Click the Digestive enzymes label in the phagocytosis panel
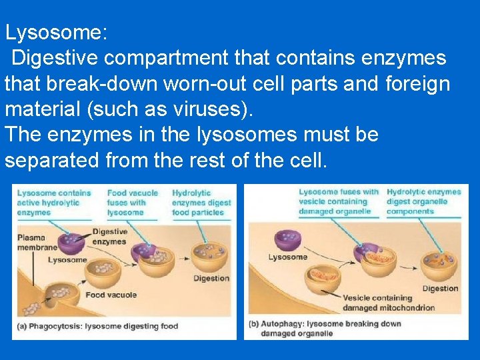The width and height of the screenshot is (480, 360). [x=109, y=236]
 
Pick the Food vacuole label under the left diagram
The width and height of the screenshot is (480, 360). [x=111, y=295]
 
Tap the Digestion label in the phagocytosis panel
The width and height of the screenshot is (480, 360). [x=211, y=278]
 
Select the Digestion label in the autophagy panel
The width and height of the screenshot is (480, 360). [x=440, y=289]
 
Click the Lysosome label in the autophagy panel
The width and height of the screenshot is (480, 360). [x=287, y=257]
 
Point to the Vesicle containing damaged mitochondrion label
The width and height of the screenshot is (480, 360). [x=388, y=303]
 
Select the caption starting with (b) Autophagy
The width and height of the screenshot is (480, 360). [x=325, y=328]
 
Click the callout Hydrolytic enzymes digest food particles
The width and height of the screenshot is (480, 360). [x=201, y=203]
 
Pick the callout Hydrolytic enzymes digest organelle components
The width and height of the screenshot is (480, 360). [x=423, y=201]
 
